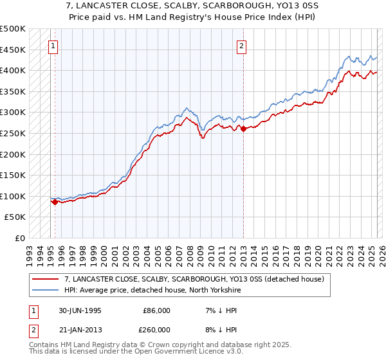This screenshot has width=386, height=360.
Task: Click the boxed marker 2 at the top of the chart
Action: click(x=241, y=46)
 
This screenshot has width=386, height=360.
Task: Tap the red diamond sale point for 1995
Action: click(x=55, y=202)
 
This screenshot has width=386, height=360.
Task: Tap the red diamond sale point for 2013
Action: click(x=244, y=129)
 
